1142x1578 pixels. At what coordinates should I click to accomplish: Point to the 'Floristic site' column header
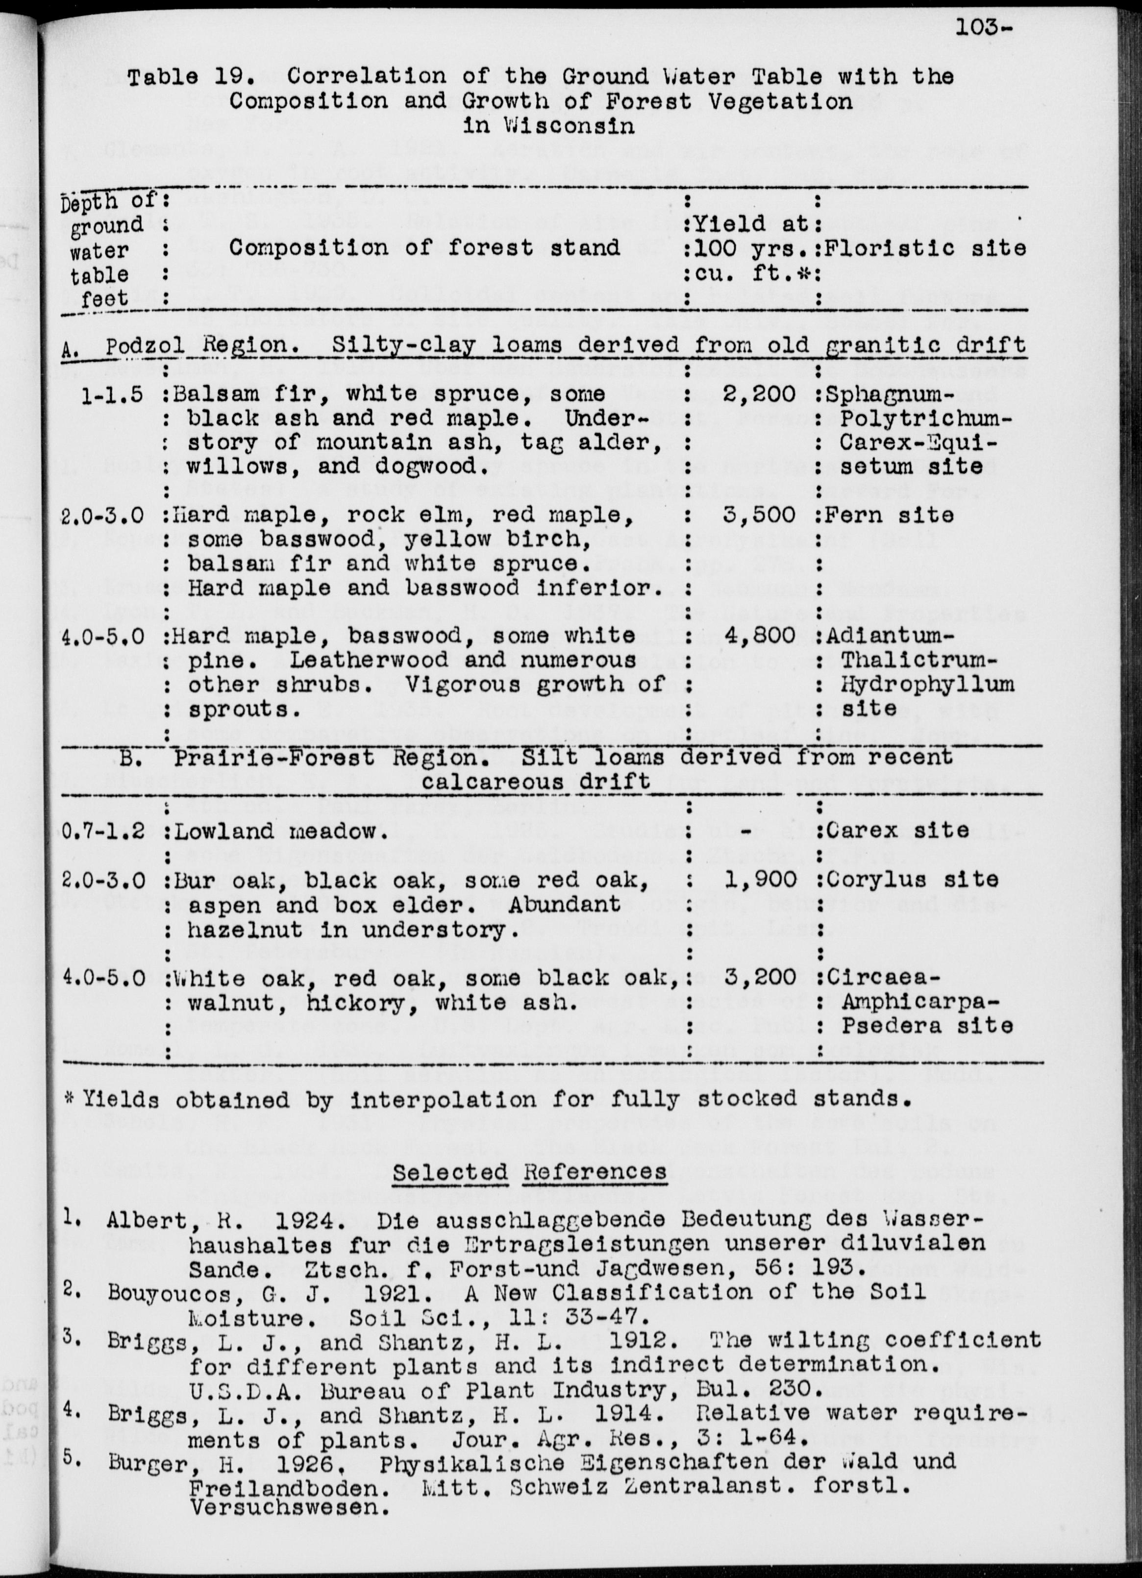[925, 248]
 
